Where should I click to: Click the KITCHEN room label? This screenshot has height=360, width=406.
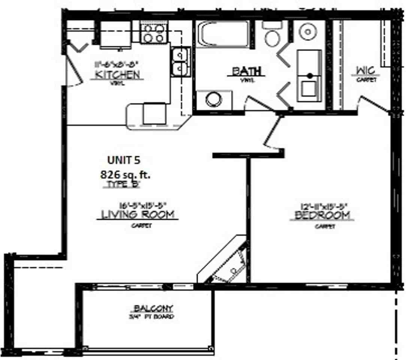118,74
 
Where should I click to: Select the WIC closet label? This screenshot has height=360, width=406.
366,70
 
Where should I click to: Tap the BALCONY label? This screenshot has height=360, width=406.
154,309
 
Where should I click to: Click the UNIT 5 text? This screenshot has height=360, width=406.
124,160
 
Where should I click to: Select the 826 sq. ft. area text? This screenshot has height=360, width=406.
125,174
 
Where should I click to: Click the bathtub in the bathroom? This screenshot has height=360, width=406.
224,34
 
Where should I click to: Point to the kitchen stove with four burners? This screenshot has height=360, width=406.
154,33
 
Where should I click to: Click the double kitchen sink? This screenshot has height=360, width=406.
181,62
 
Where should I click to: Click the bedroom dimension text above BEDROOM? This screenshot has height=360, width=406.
324,205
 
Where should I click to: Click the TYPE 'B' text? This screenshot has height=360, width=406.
123,184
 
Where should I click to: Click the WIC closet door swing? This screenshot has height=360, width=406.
373,104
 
